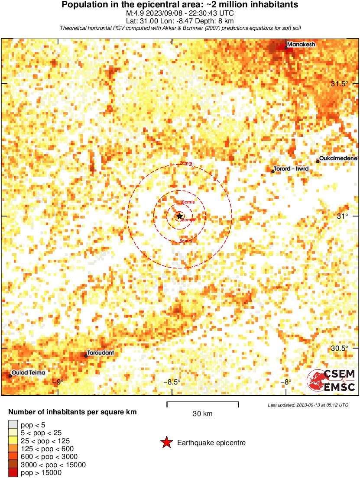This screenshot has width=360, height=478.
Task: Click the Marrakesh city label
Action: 301,44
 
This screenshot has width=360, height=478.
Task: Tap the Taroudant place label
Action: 101,353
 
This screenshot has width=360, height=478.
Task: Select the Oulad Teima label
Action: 28,372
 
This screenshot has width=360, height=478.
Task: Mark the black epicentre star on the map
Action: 180,216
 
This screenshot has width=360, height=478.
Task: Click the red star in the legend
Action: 166,442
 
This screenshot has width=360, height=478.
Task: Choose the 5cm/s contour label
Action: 186,241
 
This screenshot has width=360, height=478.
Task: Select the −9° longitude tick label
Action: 58,382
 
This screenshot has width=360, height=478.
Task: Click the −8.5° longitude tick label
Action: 172,382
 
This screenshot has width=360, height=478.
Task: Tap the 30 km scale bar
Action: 203,405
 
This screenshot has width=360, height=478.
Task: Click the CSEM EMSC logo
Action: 331,380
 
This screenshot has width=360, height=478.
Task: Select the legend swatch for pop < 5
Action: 13,425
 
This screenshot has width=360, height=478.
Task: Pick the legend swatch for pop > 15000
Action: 13,473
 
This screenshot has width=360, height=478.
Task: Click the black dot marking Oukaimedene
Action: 318,161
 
